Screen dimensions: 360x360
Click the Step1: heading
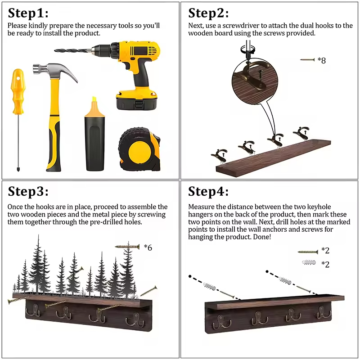(28, 13)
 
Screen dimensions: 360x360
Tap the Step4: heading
(208, 191)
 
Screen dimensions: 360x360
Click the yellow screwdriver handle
(18, 91)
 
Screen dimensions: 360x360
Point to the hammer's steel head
(55, 71)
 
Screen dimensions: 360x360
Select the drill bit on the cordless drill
(73, 50)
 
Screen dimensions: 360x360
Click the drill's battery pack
(136, 100)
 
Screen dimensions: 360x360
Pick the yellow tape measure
(139, 149)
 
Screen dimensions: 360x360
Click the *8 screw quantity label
(322, 60)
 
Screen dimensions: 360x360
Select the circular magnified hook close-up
(255, 81)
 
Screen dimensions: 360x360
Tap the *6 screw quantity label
(148, 247)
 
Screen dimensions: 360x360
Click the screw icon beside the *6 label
(127, 247)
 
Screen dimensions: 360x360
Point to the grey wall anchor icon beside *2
(309, 262)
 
